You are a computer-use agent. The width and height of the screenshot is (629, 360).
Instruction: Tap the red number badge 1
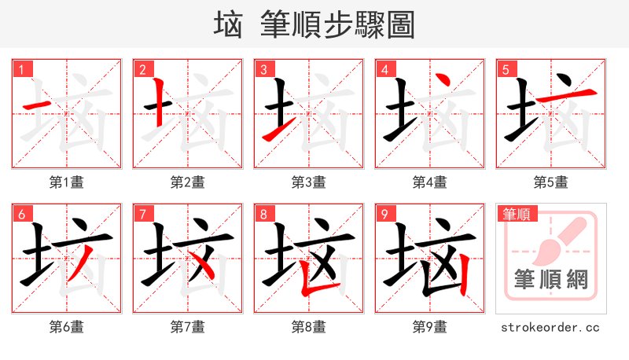(21, 69)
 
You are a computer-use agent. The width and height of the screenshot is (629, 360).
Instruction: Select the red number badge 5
(506, 69)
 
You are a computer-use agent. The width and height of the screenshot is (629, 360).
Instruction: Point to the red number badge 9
(384, 214)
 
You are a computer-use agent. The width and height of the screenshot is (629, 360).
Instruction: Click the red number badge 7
(142, 214)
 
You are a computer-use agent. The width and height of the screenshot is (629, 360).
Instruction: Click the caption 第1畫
(67, 182)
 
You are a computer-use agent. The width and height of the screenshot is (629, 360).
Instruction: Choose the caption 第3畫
(309, 182)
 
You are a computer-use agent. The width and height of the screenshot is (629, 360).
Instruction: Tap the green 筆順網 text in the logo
(550, 279)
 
